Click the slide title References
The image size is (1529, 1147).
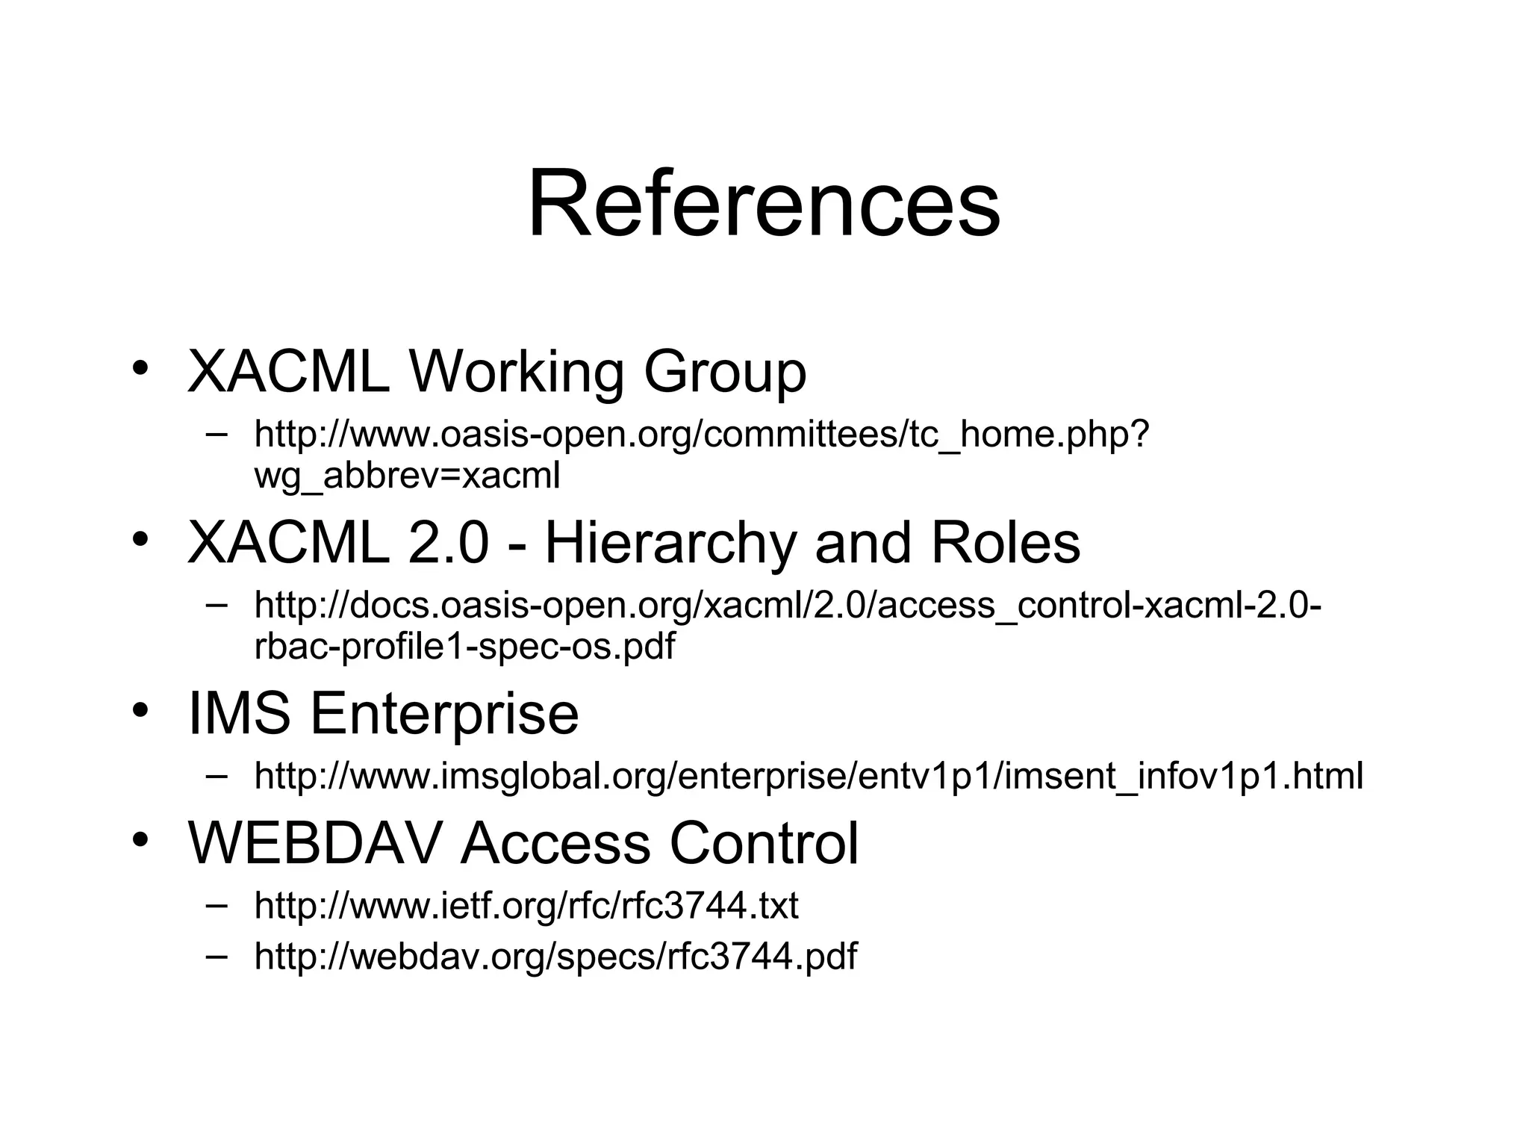pyautogui.click(x=764, y=204)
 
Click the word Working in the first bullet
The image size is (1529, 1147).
pyautogui.click(x=516, y=372)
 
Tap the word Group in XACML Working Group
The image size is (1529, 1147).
pyautogui.click(x=724, y=372)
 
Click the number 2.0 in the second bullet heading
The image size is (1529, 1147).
pyautogui.click(x=448, y=543)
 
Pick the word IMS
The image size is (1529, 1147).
pyautogui.click(x=239, y=713)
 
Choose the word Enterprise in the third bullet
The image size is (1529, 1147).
pyautogui.click(x=444, y=713)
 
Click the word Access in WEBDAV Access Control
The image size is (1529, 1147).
pyautogui.click(x=555, y=843)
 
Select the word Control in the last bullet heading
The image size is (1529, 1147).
pyautogui.click(x=764, y=843)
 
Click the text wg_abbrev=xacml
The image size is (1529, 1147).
pyautogui.click(x=407, y=476)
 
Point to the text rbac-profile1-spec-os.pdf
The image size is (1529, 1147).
pyautogui.click(x=464, y=646)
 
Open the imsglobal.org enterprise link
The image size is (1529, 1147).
pyautogui.click(x=809, y=776)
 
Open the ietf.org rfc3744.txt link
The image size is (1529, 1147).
pyautogui.click(x=526, y=906)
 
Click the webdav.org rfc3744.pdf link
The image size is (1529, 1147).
pyautogui.click(x=555, y=956)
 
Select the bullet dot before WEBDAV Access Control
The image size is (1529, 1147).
pyautogui.click(x=140, y=840)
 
